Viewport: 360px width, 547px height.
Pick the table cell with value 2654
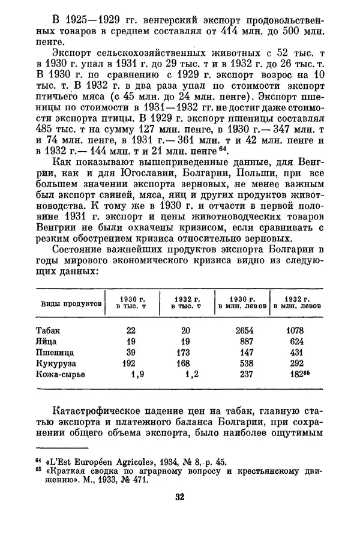pyautogui.click(x=244, y=330)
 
